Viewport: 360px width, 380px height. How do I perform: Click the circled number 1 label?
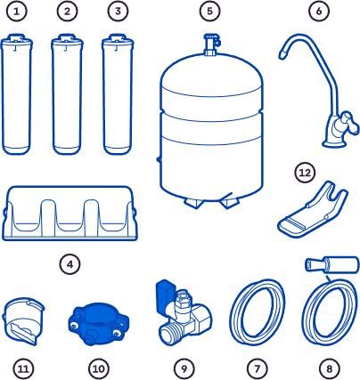click(17, 12)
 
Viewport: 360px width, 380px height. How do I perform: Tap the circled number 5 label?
click(209, 12)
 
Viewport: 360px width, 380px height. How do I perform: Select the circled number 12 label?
click(305, 173)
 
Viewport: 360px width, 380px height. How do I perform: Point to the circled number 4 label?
click(70, 264)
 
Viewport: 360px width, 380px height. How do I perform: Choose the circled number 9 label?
click(184, 368)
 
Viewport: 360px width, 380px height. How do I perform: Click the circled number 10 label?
click(99, 368)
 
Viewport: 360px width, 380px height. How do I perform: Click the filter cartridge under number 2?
click(67, 94)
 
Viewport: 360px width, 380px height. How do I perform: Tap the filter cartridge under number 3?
click(118, 94)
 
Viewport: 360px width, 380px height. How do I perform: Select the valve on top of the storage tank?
click(211, 44)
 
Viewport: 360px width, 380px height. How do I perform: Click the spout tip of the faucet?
click(282, 55)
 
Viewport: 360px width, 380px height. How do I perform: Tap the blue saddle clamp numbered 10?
click(99, 327)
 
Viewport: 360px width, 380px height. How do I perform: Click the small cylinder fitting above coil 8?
click(332, 265)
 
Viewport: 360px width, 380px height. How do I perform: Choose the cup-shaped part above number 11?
click(23, 321)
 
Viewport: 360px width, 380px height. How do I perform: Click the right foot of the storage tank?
click(229, 202)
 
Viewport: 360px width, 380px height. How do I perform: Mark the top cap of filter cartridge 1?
click(17, 40)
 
